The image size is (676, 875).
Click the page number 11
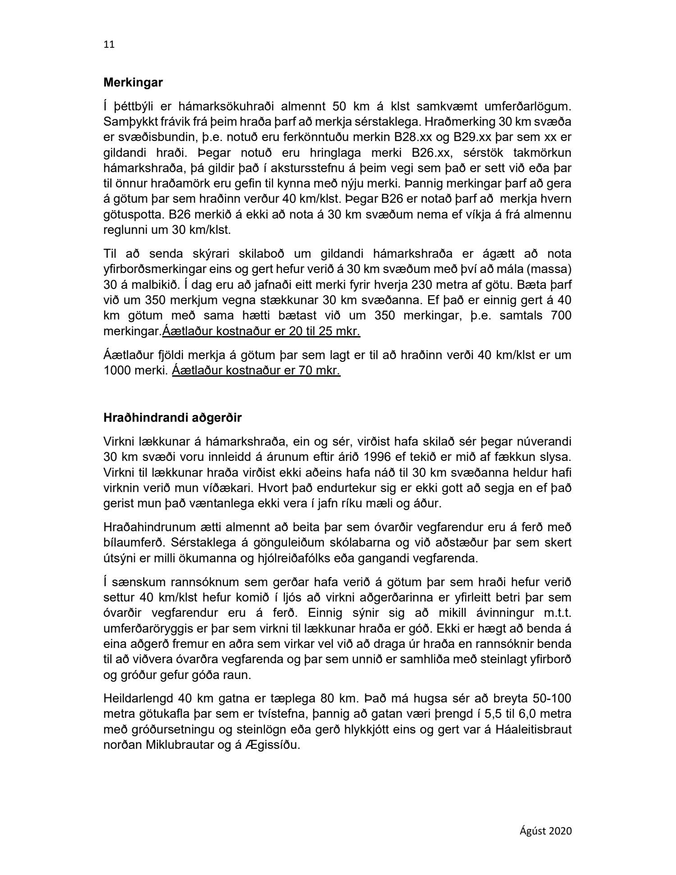[x=109, y=44]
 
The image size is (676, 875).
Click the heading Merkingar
[x=133, y=83]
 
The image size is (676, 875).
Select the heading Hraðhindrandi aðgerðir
[x=172, y=418]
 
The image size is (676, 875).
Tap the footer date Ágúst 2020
[x=546, y=830]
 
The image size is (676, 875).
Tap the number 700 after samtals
[x=561, y=315]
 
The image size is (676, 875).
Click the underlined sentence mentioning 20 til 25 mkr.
[x=261, y=331]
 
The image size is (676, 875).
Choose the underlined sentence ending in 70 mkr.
[x=256, y=371]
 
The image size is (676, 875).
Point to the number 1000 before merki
[x=117, y=371]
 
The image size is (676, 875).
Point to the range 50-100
[x=550, y=698]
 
